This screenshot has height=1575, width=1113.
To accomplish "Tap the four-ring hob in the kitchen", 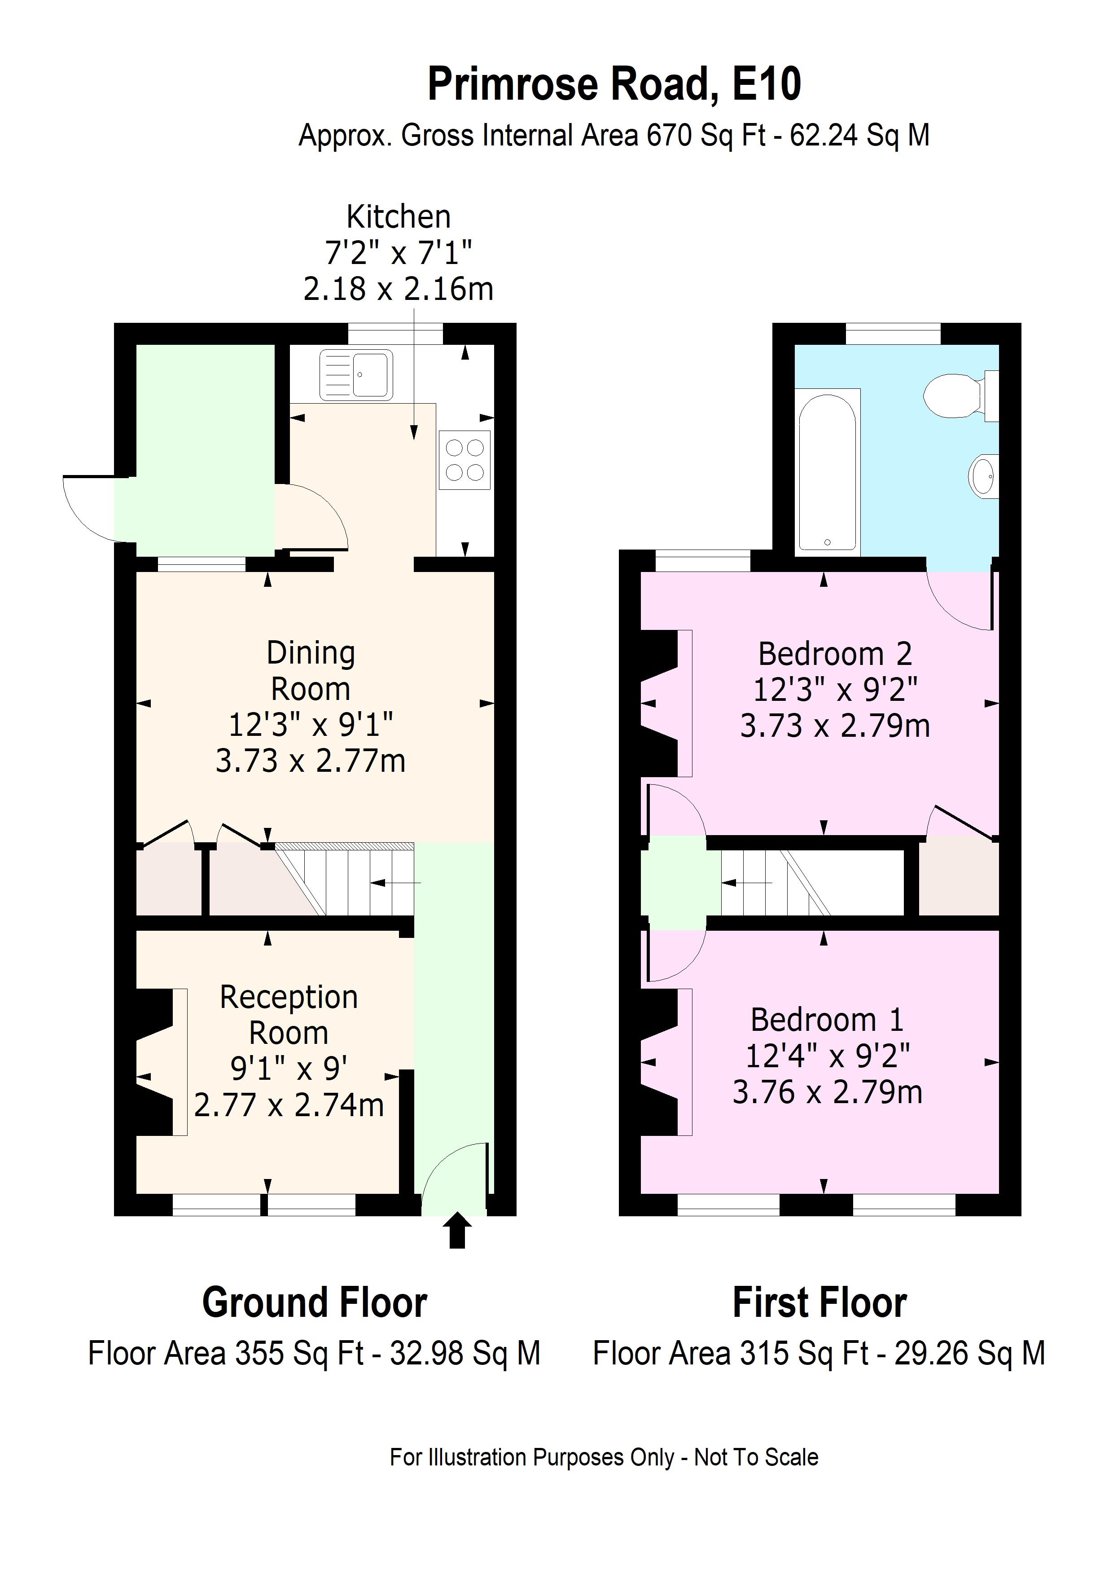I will pyautogui.click(x=464, y=460).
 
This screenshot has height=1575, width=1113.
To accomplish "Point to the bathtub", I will pyautogui.click(x=827, y=471).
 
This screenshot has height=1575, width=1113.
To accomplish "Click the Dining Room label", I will pyautogui.click(x=311, y=670).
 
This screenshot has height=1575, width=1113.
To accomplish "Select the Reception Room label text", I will pyautogui.click(x=289, y=1015).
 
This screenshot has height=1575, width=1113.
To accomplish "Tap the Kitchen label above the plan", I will pyautogui.click(x=399, y=217).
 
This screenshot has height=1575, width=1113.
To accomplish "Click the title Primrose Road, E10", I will pyautogui.click(x=614, y=84).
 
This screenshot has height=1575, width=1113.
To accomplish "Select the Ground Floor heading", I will pyautogui.click(x=314, y=1302).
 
